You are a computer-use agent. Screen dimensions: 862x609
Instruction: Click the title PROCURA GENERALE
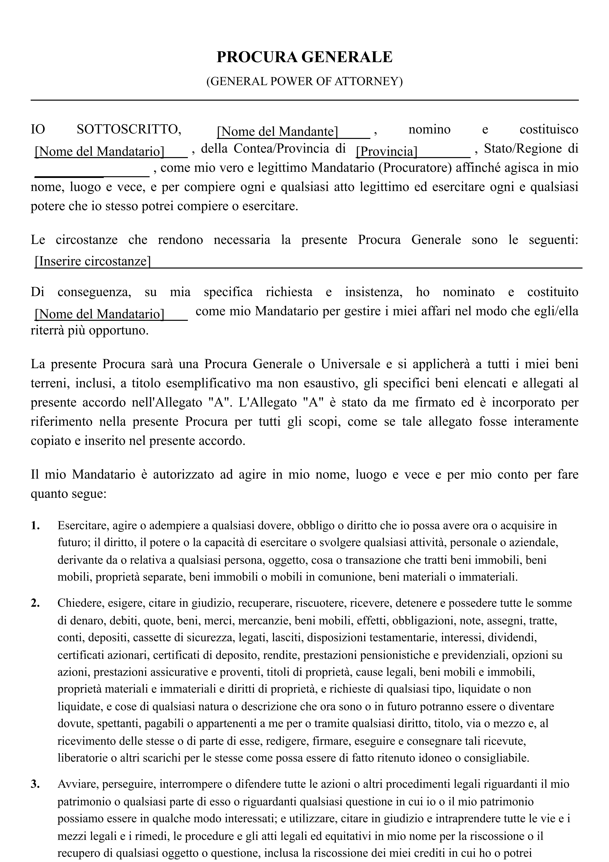tap(304, 57)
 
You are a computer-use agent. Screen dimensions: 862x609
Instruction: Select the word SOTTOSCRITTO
tap(129, 130)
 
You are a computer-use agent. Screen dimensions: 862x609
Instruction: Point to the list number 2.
tap(35, 603)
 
